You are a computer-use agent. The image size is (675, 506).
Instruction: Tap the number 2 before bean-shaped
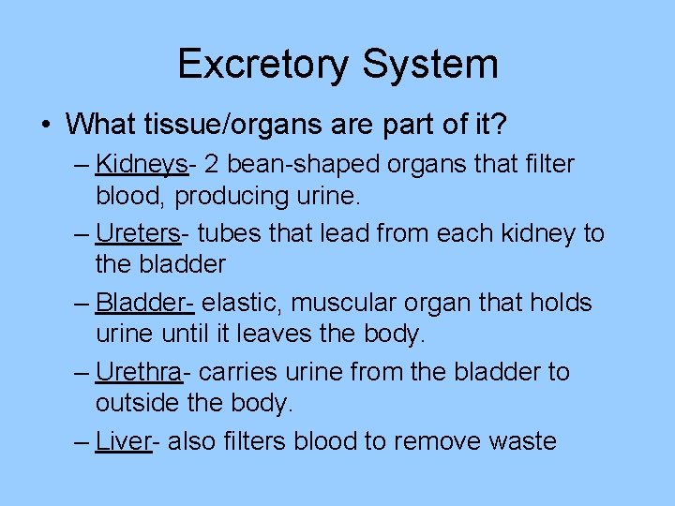(x=212, y=164)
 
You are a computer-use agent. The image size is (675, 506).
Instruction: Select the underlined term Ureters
(x=138, y=233)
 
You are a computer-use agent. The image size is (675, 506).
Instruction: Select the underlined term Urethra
(x=139, y=372)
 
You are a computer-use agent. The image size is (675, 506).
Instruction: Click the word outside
(x=134, y=403)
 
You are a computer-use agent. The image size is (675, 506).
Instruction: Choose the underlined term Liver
(x=124, y=441)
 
